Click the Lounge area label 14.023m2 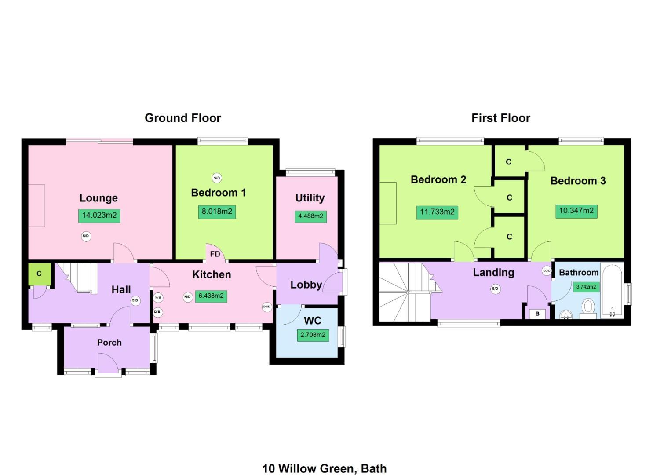99,216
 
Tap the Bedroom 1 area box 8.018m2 217,212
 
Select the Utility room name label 310,198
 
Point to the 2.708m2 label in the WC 313,335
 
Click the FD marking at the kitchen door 215,254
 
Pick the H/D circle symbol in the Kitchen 187,297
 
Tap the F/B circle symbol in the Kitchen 158,297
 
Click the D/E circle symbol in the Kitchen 157,312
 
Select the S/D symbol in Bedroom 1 216,178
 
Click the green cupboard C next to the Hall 39,274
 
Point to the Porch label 109,343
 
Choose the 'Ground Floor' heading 183,118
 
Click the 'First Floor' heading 501,118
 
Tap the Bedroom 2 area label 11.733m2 437,212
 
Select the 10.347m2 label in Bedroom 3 576,211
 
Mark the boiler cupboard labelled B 537,314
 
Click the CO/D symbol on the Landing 547,271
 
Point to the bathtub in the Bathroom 612,290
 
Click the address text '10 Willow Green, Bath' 325,469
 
